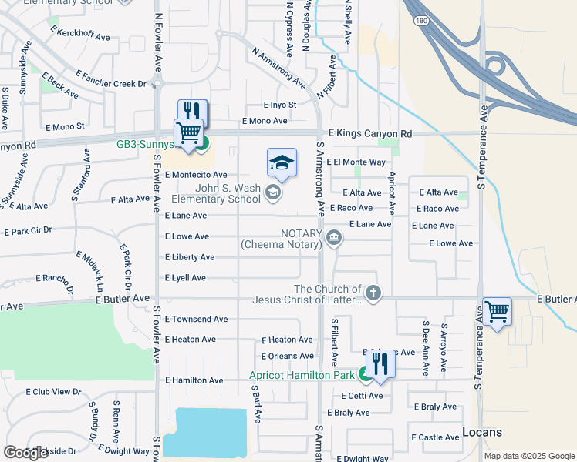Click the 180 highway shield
click(418, 22)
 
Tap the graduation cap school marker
click(282, 162)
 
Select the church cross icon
click(373, 293)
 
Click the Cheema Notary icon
click(333, 236)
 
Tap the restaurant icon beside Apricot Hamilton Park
click(380, 362)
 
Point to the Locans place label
click(482, 432)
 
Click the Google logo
click(25, 453)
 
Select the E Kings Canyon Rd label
click(369, 134)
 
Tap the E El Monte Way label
click(356, 162)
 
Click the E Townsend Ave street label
click(196, 319)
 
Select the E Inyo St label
click(279, 105)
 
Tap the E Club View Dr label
click(53, 392)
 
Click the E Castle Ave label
click(437, 437)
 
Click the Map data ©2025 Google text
click(528, 456)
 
